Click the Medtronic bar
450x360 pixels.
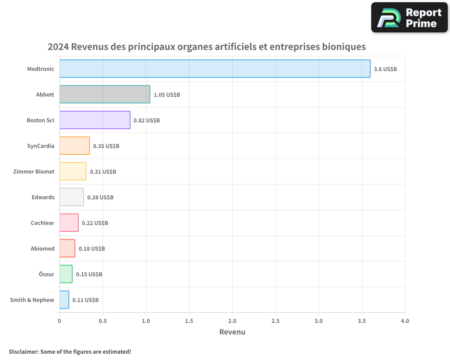(x=215, y=69)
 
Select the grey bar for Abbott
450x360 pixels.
(x=104, y=94)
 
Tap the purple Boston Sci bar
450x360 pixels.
(x=94, y=120)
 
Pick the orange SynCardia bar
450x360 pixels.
(x=74, y=146)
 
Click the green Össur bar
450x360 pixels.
(x=66, y=274)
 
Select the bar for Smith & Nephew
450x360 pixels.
(x=64, y=300)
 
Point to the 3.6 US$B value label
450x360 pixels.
(x=385, y=69)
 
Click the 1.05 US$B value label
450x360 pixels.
(x=167, y=94)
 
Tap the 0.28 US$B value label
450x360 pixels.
(x=100, y=197)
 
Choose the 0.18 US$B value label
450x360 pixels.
(x=92, y=248)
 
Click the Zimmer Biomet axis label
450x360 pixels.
(x=34, y=171)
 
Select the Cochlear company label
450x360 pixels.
(x=42, y=223)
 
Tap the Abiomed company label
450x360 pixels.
(x=42, y=248)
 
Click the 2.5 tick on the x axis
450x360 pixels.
(x=275, y=321)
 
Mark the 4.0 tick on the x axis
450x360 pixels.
(x=405, y=321)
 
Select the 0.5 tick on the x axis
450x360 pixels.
(x=103, y=321)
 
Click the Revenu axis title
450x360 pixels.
(x=232, y=332)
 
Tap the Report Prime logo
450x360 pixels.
(x=409, y=18)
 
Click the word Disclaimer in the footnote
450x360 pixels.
(x=23, y=351)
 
